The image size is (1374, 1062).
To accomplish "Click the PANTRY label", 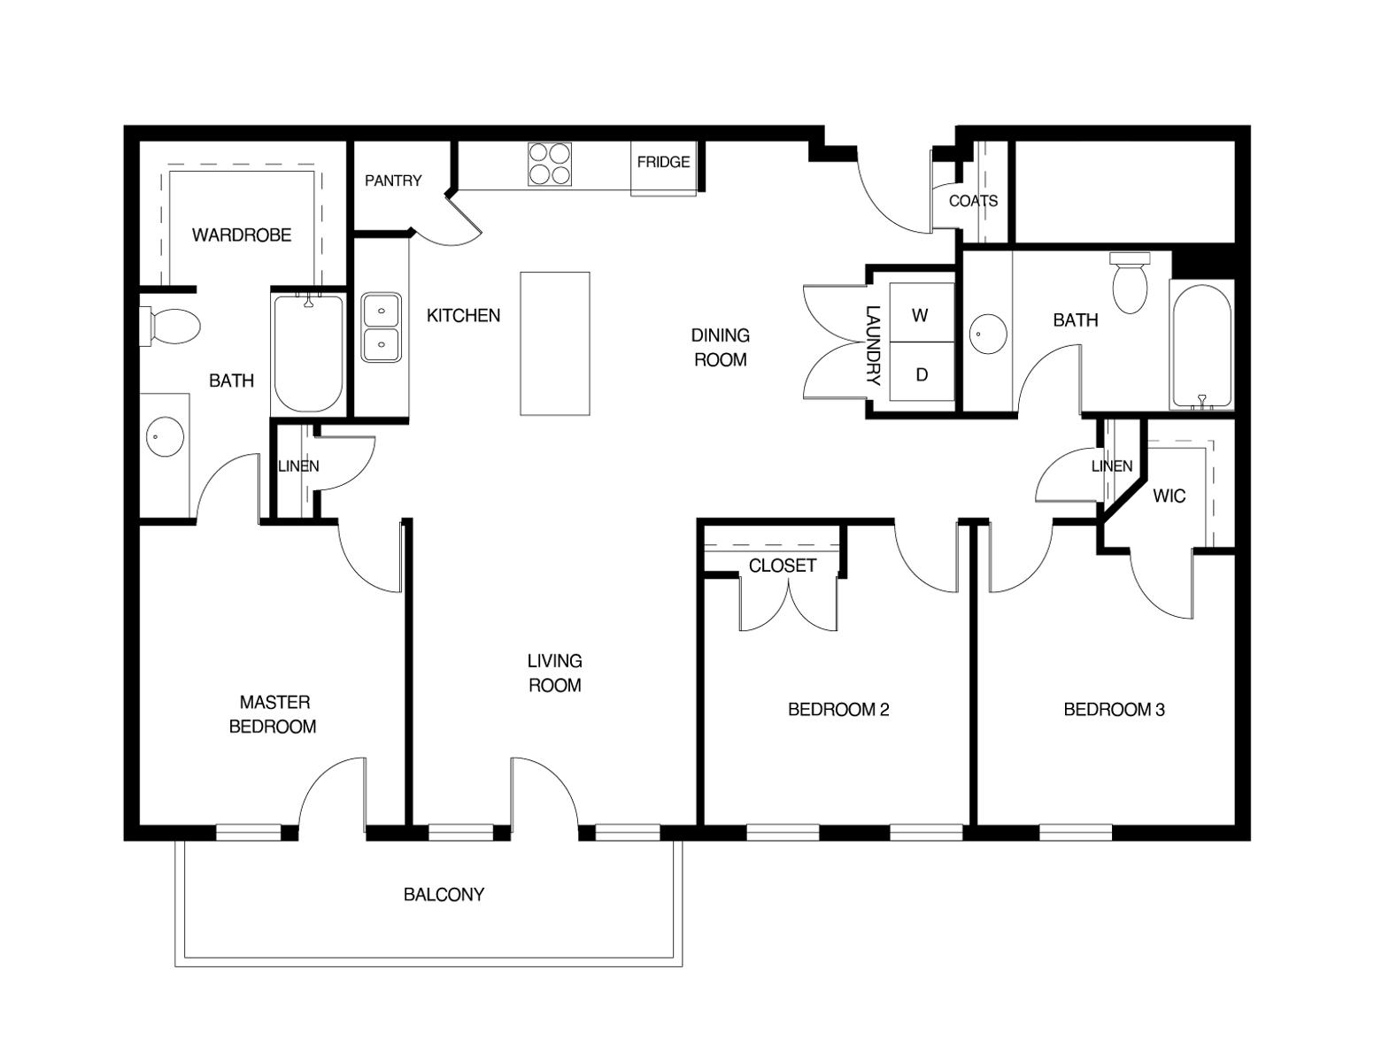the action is coord(393,181).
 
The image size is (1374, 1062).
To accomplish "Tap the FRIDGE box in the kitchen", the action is coord(663,169).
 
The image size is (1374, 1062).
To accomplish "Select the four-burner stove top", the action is coord(550,165).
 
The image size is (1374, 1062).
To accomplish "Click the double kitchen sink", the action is coord(382,327).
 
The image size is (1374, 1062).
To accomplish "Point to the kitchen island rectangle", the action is coord(555,343).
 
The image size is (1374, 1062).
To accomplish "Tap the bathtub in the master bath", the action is coord(309,353).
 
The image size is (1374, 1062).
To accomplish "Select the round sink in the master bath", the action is coord(165,436).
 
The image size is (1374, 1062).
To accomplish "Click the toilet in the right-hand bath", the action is coord(1130,282).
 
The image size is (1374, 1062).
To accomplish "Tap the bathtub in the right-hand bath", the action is coord(1201,345).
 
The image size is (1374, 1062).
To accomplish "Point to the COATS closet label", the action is coord(973,201).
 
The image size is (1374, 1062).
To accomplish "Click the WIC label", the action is coord(1169,496).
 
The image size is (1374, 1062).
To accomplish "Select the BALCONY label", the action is coord(444,895).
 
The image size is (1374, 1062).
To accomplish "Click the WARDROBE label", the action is coord(242,235).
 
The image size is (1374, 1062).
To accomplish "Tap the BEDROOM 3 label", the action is coord(1114,710).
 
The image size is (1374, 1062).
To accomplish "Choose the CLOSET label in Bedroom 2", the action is coord(783,566).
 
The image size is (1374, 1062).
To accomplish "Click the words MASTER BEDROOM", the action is coord(274,714).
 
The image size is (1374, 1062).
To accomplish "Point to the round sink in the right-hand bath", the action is coord(988,335).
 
